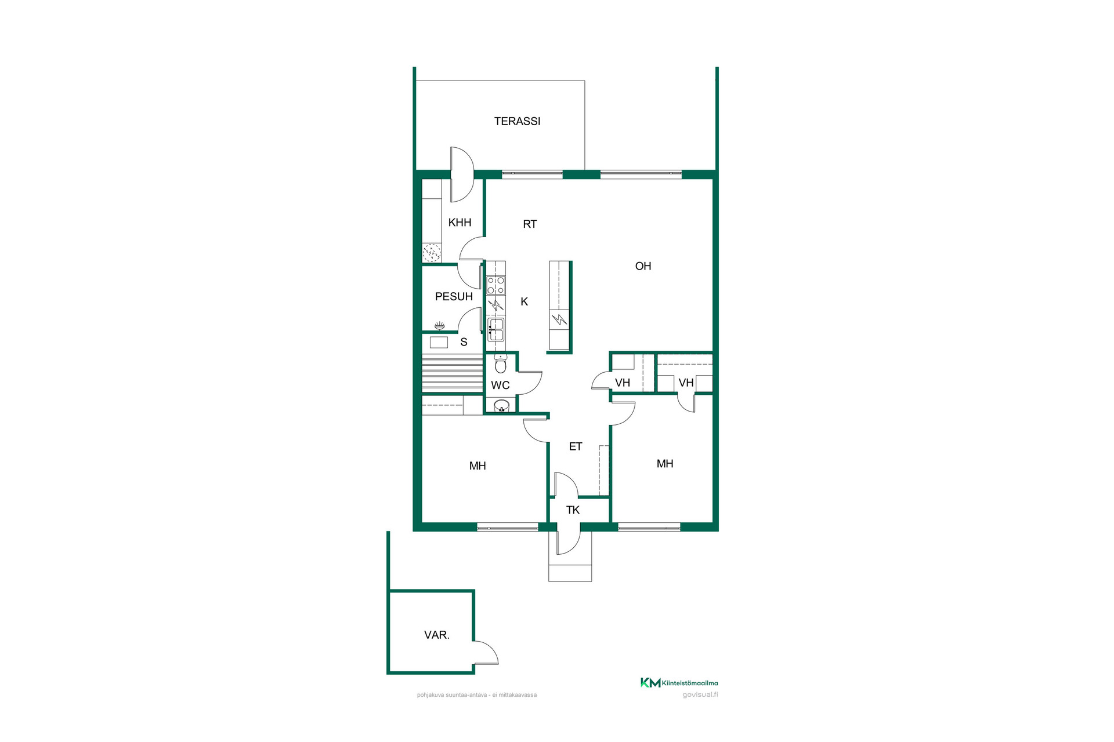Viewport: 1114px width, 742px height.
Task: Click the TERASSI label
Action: coord(517,121)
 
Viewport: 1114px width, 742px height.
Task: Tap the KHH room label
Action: coord(460,223)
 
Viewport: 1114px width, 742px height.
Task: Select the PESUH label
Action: coord(454,297)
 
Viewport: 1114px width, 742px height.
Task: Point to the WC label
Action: coord(500,385)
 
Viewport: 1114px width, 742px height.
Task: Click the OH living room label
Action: coord(643,266)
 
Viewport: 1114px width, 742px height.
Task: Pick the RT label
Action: coord(530,224)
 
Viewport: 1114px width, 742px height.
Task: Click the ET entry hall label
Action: coord(576,446)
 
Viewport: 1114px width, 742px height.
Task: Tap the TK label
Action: coord(573,510)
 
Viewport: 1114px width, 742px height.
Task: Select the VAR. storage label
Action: coord(437,635)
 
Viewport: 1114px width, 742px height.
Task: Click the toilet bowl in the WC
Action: coord(501,364)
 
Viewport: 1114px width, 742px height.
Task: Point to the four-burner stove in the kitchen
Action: coord(495,285)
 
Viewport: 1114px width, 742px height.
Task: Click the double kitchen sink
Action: coord(496,330)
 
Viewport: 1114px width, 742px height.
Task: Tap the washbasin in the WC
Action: coord(501,405)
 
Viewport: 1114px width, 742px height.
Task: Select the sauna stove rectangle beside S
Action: coord(439,342)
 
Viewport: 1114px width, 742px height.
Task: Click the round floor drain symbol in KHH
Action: coord(432,252)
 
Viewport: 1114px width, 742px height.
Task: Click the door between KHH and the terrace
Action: coord(462,174)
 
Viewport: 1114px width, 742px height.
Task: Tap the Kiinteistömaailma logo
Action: coord(679,683)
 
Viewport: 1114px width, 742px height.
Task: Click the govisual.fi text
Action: coord(700,694)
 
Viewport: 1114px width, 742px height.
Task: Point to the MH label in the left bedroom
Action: coord(478,466)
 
